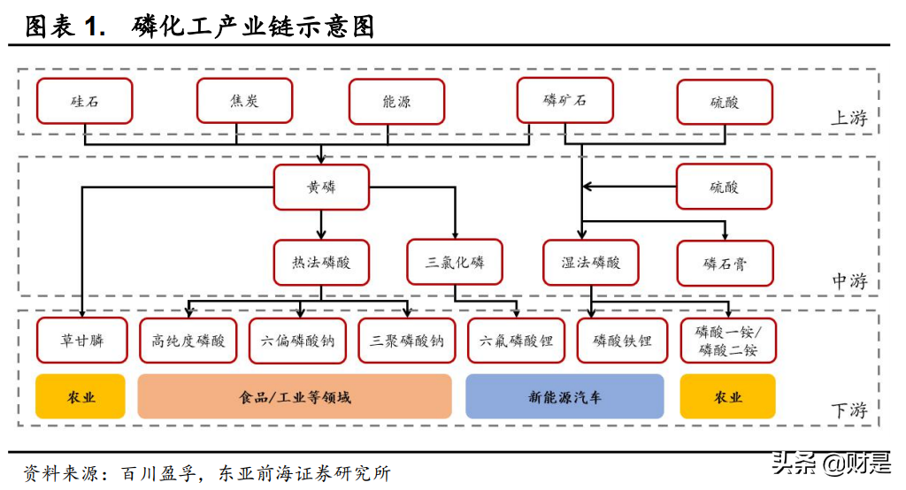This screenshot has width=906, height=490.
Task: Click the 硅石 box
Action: tap(84, 101)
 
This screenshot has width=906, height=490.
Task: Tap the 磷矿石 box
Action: tap(564, 101)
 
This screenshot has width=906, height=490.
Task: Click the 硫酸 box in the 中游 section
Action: tap(724, 187)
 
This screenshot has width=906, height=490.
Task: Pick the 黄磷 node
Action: tap(321, 187)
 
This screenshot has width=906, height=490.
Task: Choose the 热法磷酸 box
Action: tap(321, 263)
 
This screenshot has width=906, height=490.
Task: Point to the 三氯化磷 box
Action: tap(455, 263)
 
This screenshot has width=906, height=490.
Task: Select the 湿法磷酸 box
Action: tap(591, 263)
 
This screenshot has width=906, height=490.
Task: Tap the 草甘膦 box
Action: tap(81, 340)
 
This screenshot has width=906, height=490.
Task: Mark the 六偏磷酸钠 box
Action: tap(297, 340)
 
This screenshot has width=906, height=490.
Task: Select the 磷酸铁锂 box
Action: tap(622, 340)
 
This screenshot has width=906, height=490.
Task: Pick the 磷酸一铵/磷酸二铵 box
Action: tap(728, 340)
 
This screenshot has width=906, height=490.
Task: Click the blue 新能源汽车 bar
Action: tap(564, 396)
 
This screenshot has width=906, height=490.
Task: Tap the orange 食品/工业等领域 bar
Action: tap(295, 396)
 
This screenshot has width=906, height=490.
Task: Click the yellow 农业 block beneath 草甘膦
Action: tap(81, 396)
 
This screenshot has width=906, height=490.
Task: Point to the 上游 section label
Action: tap(848, 119)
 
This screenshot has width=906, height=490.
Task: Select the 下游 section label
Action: tap(848, 410)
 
